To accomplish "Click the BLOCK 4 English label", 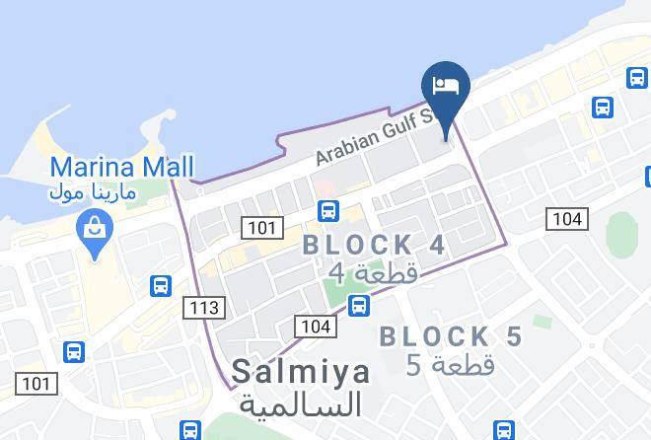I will (x=374, y=245).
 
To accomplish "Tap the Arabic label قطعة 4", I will (x=373, y=272).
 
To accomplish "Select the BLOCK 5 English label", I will (x=450, y=336).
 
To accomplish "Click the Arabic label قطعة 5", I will (x=452, y=365).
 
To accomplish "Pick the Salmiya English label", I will (x=301, y=372).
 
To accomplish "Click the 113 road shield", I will (x=203, y=308).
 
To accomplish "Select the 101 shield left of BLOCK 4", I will (x=261, y=229).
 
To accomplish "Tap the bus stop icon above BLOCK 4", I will (x=329, y=210).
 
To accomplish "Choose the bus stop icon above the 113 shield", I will (x=162, y=286).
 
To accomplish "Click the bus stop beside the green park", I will (x=360, y=305).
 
